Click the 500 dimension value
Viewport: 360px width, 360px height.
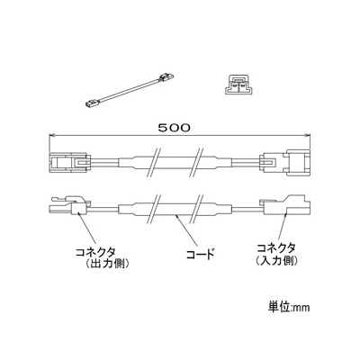coord(174,128)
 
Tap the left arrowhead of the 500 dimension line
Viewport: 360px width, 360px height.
coord(52,136)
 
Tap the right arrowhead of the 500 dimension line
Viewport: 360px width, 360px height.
coord(307,136)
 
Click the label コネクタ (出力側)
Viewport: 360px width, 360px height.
coord(102,257)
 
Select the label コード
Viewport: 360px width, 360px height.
coord(201,255)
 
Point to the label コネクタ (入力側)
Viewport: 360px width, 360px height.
coord(276,255)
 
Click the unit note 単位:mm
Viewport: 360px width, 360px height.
coord(289,308)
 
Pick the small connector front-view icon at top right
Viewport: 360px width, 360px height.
coord(239,85)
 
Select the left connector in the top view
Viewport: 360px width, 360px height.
coord(69,163)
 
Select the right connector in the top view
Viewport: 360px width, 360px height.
coord(286,164)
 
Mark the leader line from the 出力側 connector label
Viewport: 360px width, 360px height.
coord(86,228)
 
